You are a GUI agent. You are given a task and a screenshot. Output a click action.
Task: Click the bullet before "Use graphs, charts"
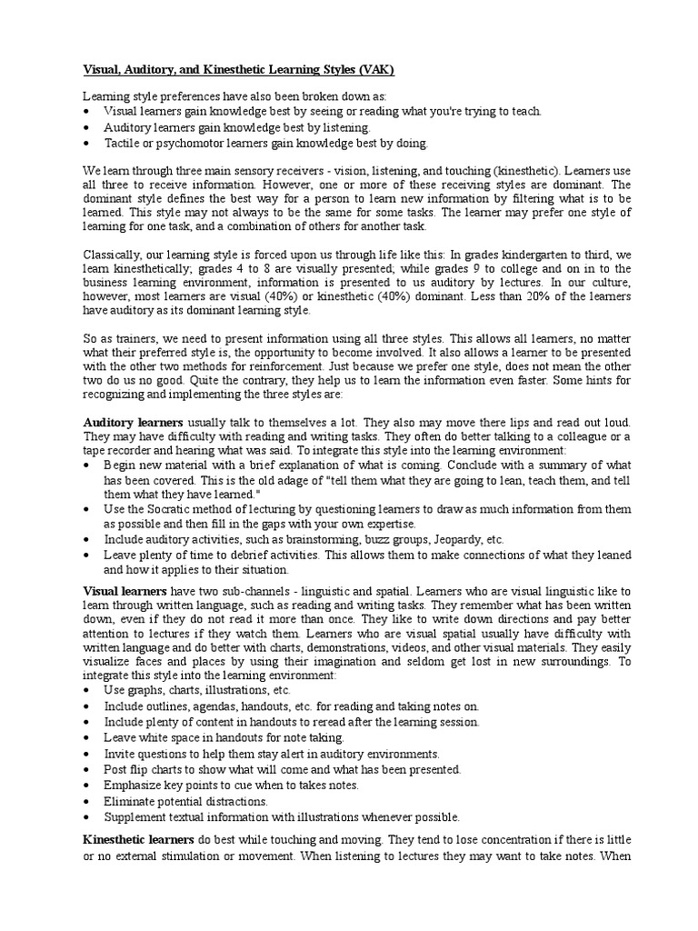point(86,691)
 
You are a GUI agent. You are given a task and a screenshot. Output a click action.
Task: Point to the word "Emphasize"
point(134,785)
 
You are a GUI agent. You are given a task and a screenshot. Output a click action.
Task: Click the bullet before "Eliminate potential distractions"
point(86,801)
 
